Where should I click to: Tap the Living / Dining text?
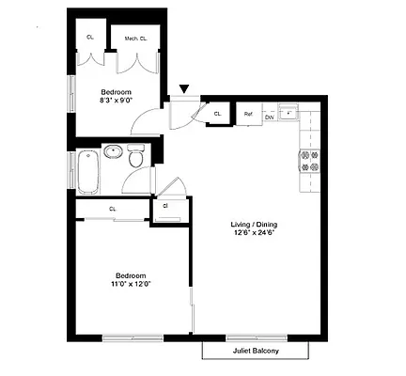(x=255, y=224)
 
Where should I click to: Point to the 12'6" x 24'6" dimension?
(x=255, y=234)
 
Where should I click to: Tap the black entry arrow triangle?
(x=184, y=89)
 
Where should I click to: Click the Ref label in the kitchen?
(x=248, y=115)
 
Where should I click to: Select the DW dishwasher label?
(x=268, y=117)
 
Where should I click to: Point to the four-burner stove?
(x=309, y=161)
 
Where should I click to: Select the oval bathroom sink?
(x=115, y=151)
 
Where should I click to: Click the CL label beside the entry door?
(x=217, y=114)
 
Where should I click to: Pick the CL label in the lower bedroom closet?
(x=112, y=209)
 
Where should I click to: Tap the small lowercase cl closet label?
(x=165, y=205)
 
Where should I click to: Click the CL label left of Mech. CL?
(x=90, y=38)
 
